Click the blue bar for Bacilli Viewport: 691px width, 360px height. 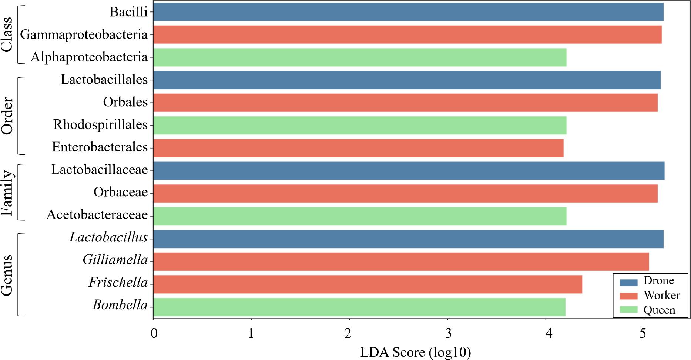coord(407,12)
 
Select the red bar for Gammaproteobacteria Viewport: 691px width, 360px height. coord(407,34)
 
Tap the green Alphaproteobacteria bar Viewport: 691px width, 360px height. coord(359,57)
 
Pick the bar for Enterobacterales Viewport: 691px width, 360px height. coord(358,147)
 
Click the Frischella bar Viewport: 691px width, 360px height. coord(367,284)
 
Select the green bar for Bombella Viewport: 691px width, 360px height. coord(359,307)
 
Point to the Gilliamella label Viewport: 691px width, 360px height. coord(115,260)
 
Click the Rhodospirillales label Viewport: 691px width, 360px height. coord(100,124)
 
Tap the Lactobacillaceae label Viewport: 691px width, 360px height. coord(99,170)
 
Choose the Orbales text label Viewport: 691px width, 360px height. coord(125,102)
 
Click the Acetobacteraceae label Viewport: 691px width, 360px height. coord(97,215)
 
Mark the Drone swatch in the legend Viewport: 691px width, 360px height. coord(628,282)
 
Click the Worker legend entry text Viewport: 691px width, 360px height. coord(661,296)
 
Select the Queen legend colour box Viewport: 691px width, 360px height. coord(628,310)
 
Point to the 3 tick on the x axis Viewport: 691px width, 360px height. coord(448,334)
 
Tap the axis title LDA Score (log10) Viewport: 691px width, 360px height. coord(415,352)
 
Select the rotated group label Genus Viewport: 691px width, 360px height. coord(7,275)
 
